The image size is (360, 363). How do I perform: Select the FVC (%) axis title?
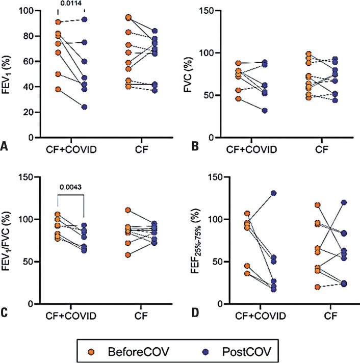pyautogui.click(x=192, y=72)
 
